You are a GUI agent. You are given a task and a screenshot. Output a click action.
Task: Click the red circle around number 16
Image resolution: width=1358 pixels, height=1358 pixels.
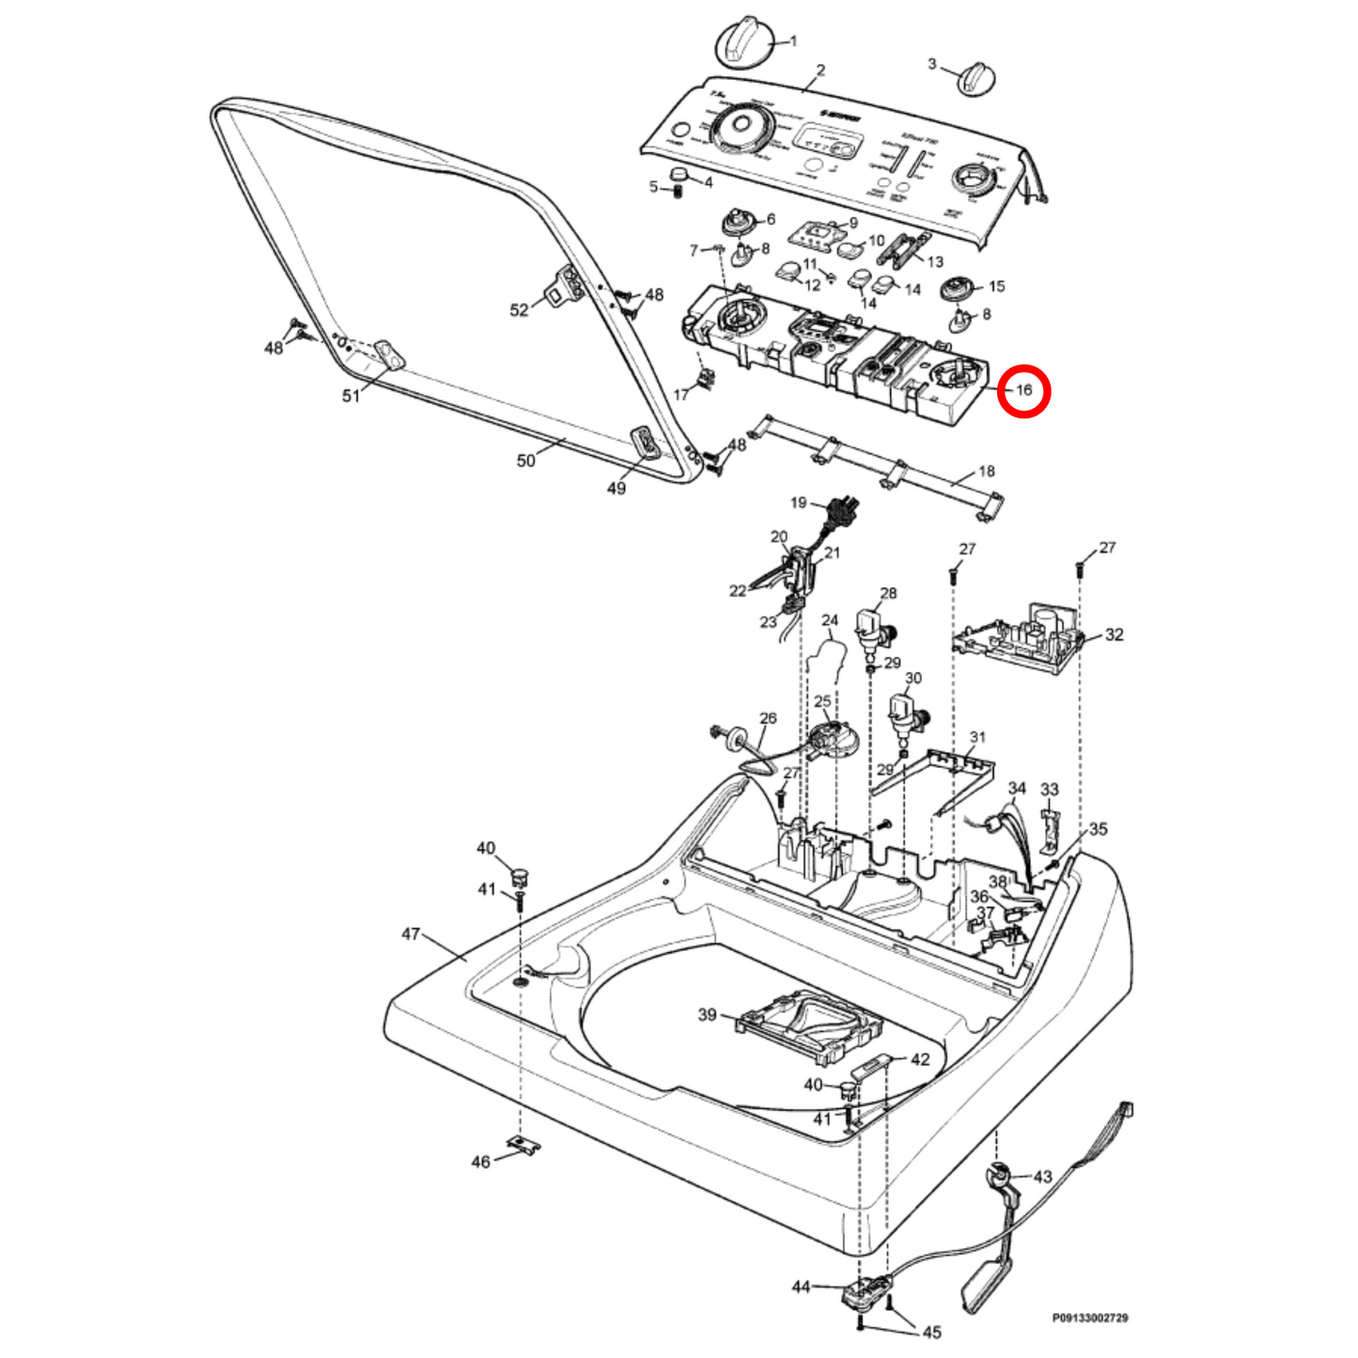coord(1022,390)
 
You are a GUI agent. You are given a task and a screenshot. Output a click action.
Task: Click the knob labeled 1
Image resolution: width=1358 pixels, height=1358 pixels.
coord(742,43)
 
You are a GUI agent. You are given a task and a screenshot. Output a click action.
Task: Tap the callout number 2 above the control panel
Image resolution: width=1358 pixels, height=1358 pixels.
coord(820,70)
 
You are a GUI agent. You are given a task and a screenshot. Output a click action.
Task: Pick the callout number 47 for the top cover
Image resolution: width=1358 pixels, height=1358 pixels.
coord(411,933)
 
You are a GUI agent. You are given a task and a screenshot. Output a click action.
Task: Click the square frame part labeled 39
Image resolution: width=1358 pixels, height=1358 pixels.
coord(811,1026)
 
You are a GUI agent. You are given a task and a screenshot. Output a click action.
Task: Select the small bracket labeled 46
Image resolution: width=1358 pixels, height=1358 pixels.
coord(523,1146)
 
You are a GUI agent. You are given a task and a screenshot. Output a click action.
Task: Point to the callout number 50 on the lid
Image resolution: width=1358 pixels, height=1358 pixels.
coord(526,460)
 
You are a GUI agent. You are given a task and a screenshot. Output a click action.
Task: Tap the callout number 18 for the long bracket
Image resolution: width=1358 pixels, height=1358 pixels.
coord(986,471)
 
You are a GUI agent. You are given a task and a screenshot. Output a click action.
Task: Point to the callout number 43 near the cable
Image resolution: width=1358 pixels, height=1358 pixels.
coord(1042,1176)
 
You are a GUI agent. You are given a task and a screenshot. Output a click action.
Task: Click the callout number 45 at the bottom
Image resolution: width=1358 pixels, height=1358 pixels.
coord(931,1332)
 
